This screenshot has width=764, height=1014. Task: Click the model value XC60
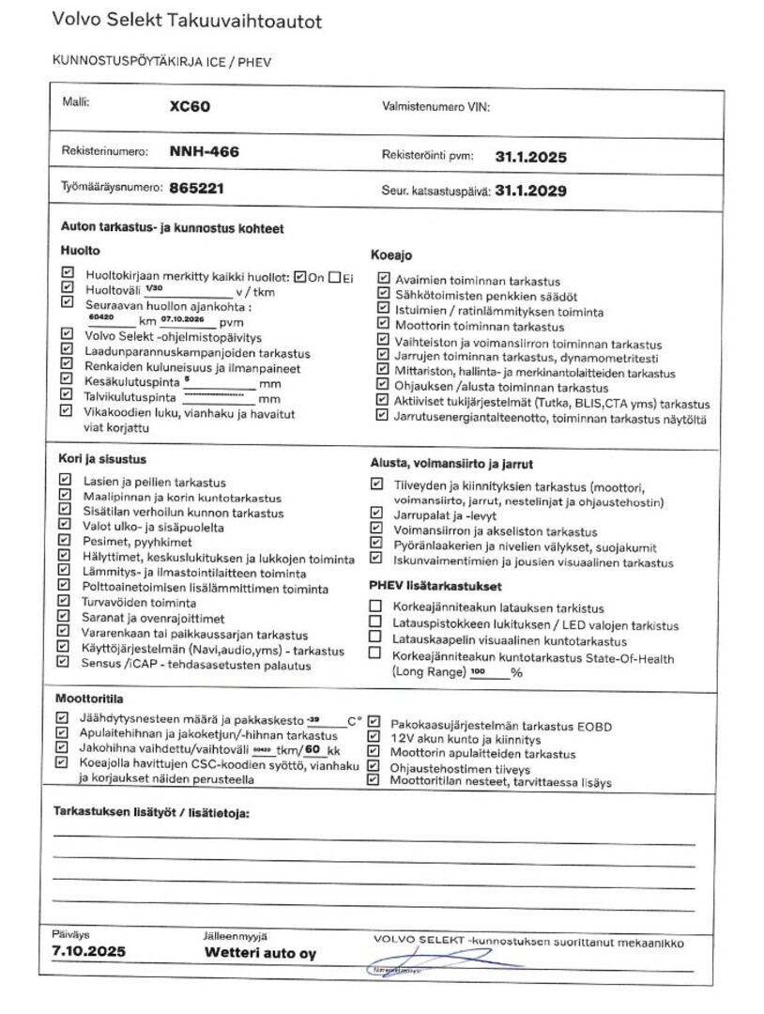pyautogui.click(x=190, y=106)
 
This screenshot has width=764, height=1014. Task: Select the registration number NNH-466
pyautogui.click(x=202, y=150)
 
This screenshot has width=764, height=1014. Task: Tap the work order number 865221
pyautogui.click(x=196, y=188)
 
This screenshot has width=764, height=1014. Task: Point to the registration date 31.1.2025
pyautogui.click(x=531, y=157)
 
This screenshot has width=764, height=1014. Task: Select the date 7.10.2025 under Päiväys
pyautogui.click(x=89, y=952)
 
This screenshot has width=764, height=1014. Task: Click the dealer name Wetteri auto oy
pyautogui.click(x=261, y=953)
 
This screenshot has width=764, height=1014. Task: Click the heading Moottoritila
pyautogui.click(x=89, y=699)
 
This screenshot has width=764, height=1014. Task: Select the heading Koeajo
pyautogui.click(x=392, y=255)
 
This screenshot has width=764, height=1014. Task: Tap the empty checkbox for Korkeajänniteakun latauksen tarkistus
pyautogui.click(x=376, y=607)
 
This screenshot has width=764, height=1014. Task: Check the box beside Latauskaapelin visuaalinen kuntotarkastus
pyautogui.click(x=376, y=639)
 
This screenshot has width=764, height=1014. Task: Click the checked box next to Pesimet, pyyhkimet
pyautogui.click(x=65, y=541)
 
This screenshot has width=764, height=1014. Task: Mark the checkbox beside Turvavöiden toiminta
pyautogui.click(x=65, y=602)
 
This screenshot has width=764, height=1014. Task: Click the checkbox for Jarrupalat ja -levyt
pyautogui.click(x=376, y=514)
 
